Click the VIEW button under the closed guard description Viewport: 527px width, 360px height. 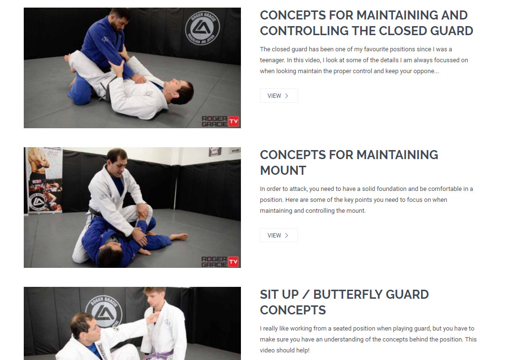[x=278, y=96]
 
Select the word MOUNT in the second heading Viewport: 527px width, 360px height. [x=283, y=171]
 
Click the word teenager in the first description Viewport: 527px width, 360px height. [x=271, y=60]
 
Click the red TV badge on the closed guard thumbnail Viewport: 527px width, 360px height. [x=234, y=121]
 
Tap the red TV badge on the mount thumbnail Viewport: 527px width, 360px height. [x=233, y=262]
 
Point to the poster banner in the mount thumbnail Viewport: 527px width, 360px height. [x=44, y=180]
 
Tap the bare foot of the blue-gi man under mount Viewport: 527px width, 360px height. [x=179, y=237]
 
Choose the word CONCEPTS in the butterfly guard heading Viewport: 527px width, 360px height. [x=293, y=310]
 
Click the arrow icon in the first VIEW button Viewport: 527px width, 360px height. [x=287, y=96]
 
